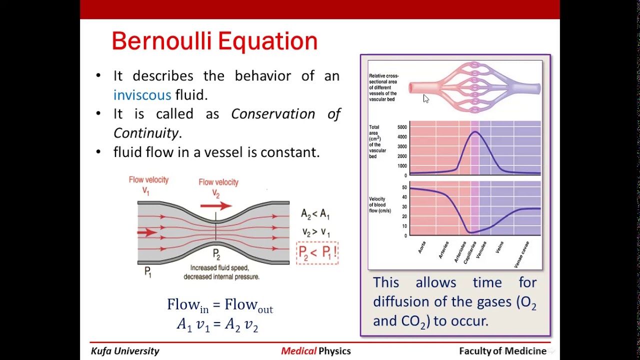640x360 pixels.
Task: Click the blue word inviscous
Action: tap(142, 95)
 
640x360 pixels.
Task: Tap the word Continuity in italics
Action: tap(145, 133)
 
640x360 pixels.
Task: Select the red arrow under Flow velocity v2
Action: tap(216, 205)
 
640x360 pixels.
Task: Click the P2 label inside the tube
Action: tap(216, 254)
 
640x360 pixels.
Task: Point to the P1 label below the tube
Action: tap(147, 271)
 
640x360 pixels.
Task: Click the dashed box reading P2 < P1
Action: tap(317, 252)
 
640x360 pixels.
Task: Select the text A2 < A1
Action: tap(315, 214)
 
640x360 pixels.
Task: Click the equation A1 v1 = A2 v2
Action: tap(217, 325)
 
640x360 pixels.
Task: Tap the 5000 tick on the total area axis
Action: tap(402, 127)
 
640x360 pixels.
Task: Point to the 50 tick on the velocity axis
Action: tap(404, 187)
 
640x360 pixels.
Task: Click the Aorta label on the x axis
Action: tap(422, 247)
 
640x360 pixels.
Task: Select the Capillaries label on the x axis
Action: tap(469, 252)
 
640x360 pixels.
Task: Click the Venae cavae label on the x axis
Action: tap(521, 254)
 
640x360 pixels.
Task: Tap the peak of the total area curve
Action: tap(474, 132)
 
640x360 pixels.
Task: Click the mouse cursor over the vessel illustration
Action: tap(425, 98)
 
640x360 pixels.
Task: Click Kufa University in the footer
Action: tap(125, 351)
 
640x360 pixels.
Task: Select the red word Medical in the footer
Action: tap(298, 351)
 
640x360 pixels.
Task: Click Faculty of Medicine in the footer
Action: tap(502, 351)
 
